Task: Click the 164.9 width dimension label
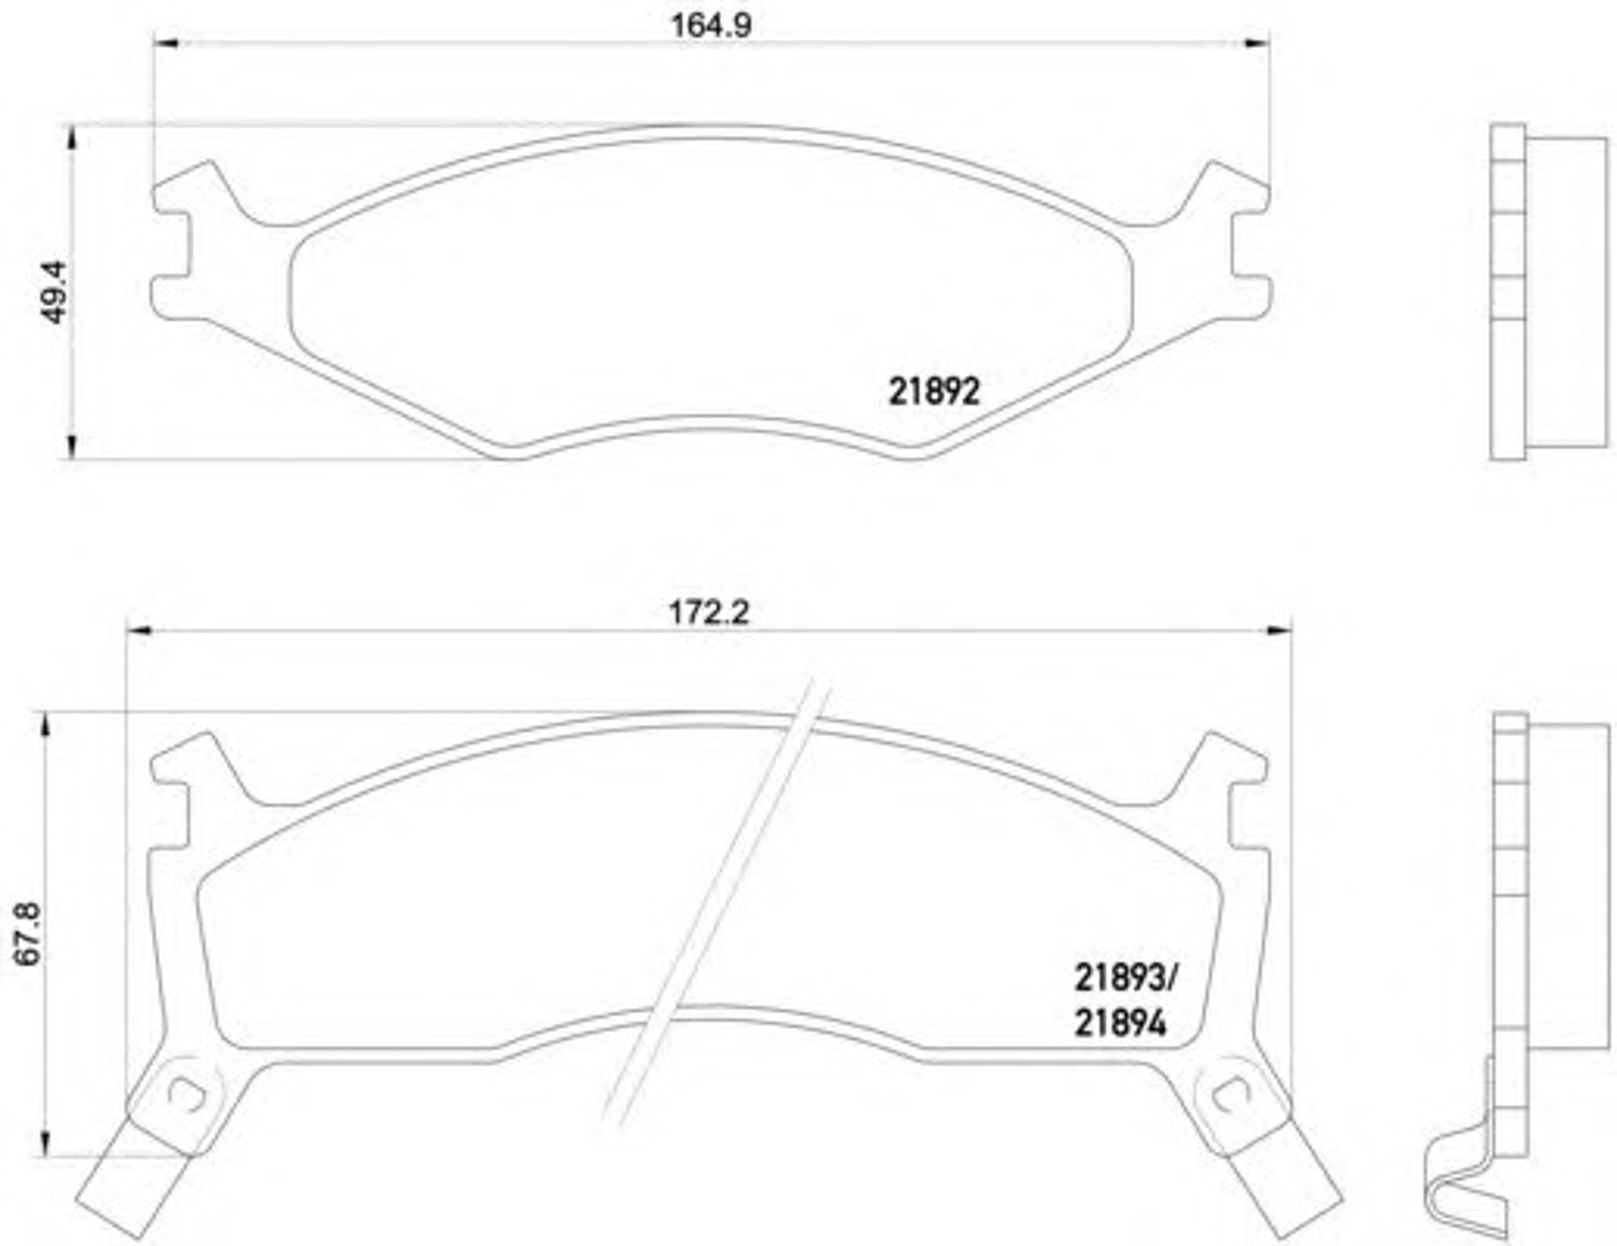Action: pos(711,26)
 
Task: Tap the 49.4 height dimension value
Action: pos(55,292)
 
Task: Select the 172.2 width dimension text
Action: pos(709,613)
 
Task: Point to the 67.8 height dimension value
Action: pos(28,935)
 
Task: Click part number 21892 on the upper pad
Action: pos(934,391)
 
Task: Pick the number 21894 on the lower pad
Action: pos(1120,1023)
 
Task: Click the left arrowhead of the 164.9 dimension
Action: pos(167,43)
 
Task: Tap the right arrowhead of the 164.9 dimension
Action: pos(1257,43)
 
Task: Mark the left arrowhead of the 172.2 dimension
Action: pos(139,630)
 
